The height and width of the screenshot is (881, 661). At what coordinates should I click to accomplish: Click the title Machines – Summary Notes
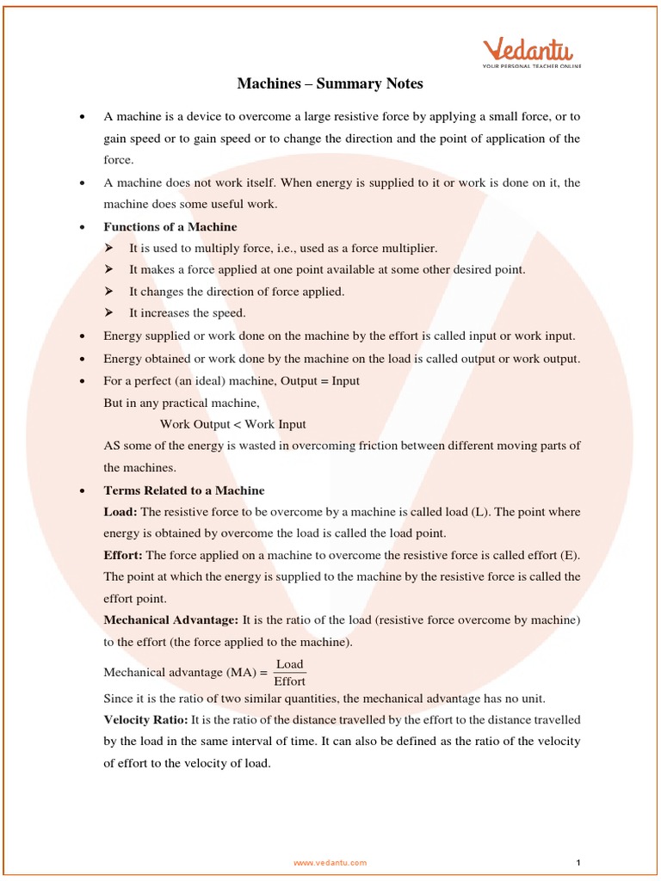pos(330,84)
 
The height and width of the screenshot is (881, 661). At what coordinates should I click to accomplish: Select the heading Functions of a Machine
pos(170,227)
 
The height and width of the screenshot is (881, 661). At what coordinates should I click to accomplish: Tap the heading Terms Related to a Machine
pos(183,490)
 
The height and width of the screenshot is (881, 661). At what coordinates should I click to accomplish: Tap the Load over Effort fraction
pos(290,673)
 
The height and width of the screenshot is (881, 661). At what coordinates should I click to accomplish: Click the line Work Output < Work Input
pos(232,424)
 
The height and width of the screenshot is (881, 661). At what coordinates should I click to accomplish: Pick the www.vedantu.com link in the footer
pos(330,862)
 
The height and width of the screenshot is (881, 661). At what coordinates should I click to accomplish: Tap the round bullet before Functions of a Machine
pos(81,228)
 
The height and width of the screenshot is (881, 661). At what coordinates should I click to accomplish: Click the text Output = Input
pos(321,380)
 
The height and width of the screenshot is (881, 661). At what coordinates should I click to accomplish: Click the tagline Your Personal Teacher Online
pos(532,65)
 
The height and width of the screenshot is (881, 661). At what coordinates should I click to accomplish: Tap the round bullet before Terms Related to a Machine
pos(81,491)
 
